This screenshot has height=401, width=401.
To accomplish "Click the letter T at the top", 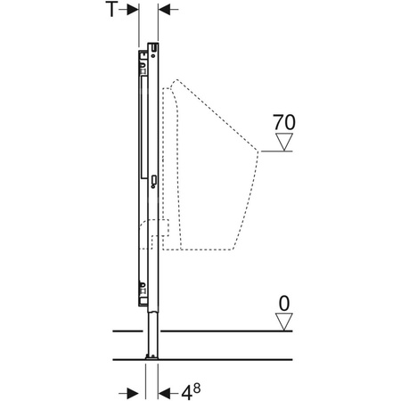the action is click(x=112, y=9).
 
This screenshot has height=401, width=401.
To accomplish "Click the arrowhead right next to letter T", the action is click(x=133, y=10).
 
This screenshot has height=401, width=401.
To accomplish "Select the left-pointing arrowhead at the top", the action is click(x=164, y=10).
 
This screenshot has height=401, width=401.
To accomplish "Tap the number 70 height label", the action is click(x=284, y=122).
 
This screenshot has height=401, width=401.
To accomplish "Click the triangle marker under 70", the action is click(x=284, y=142).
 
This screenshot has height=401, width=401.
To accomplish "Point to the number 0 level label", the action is click(x=284, y=304).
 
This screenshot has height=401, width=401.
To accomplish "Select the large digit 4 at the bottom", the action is click(x=186, y=393).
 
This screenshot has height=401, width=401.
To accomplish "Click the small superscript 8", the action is click(x=197, y=388).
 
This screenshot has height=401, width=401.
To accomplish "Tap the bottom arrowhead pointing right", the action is click(x=133, y=394).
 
